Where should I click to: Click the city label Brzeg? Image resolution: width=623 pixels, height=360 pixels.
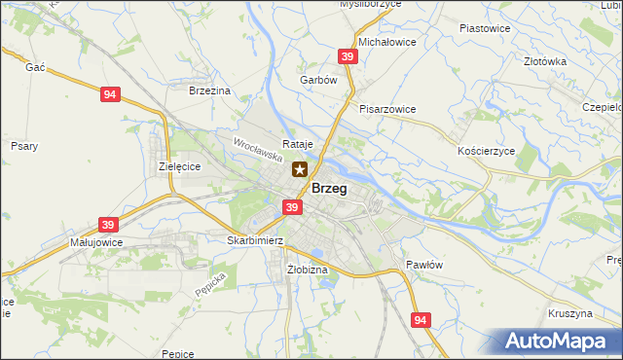(x=329, y=189)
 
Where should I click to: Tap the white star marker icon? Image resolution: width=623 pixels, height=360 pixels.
(x=300, y=169)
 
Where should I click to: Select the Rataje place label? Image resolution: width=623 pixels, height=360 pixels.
(x=297, y=144)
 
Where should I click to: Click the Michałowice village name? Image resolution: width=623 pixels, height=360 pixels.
(x=387, y=43)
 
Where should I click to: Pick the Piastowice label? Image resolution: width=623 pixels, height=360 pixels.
(x=485, y=28)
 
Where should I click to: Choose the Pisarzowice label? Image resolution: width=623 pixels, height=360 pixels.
(x=387, y=109)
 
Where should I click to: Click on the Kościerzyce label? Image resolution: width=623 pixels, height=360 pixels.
(x=485, y=153)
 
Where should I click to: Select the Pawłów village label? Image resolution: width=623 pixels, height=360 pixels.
(x=424, y=265)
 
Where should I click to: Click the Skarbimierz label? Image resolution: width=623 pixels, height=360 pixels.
(x=254, y=240)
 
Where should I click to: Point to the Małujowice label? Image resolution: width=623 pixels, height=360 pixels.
(x=93, y=241)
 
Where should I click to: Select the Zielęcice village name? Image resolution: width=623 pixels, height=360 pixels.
(x=179, y=166)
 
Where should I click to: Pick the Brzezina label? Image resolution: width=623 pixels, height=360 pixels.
(x=209, y=90)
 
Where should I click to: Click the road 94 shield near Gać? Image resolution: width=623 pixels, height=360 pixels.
(x=110, y=94)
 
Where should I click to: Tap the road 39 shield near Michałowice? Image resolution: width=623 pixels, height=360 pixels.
(x=348, y=57)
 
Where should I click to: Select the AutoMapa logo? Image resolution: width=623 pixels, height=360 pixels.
(x=561, y=342)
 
